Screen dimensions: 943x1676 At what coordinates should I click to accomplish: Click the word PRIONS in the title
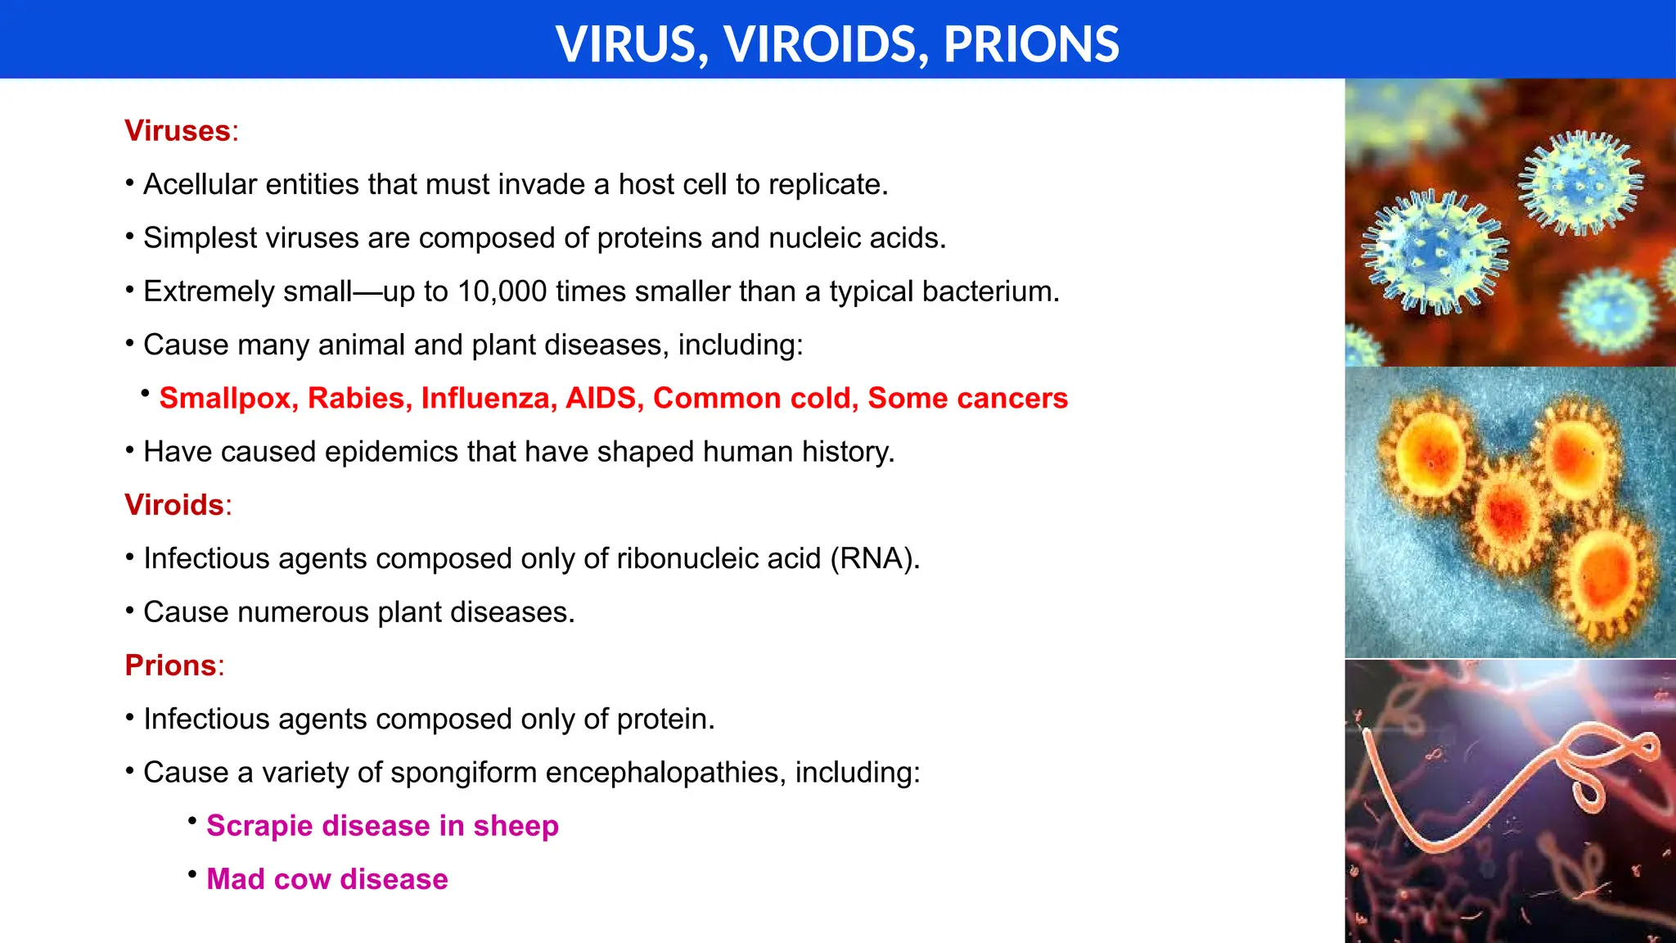point(1031,44)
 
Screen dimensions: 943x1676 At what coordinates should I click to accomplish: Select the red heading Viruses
point(178,131)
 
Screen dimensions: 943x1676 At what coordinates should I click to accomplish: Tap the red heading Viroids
point(174,505)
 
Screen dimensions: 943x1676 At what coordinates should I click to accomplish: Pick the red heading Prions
point(170,666)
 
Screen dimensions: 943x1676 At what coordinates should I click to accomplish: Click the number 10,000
point(502,291)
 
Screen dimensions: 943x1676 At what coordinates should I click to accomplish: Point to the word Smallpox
point(228,399)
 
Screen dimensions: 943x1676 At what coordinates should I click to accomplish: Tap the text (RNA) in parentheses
point(875,559)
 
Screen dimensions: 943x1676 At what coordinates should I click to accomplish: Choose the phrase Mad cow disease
point(327,879)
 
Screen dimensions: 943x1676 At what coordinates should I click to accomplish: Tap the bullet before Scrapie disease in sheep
point(192,820)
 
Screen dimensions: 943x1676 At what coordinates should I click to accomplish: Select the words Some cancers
point(967,399)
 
